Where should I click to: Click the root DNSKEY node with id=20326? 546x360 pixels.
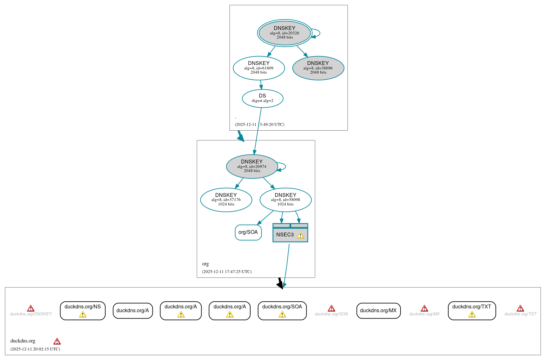pyautogui.click(x=285, y=33)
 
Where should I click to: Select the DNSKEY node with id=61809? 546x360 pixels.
pyautogui.click(x=259, y=68)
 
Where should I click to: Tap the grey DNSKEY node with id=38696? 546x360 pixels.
pyautogui.click(x=318, y=68)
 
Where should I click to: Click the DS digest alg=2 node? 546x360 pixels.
pyautogui.click(x=262, y=98)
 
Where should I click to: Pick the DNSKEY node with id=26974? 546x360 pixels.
pyautogui.click(x=252, y=166)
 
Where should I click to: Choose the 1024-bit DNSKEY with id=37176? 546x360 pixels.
pyautogui.click(x=226, y=200)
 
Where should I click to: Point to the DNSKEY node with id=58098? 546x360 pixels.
pyautogui.click(x=286, y=200)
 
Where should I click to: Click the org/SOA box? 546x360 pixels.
pyautogui.click(x=248, y=232)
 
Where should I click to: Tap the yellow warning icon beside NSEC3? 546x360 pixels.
pyautogui.click(x=300, y=235)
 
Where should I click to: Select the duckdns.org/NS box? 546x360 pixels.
pyautogui.click(x=82, y=310)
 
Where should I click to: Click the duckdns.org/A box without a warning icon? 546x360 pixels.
pyautogui.click(x=133, y=311)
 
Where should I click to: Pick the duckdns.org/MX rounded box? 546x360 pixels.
pyautogui.click(x=378, y=311)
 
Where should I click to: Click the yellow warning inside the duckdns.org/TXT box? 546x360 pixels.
pyautogui.click(x=472, y=315)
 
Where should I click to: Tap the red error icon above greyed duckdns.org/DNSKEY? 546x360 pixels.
pyautogui.click(x=31, y=308)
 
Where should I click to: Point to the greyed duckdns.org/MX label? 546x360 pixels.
pyautogui.click(x=424, y=314)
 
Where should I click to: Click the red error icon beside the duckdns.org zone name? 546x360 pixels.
pyautogui.click(x=57, y=342)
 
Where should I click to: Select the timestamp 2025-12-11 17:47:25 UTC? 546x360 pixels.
pyautogui.click(x=227, y=272)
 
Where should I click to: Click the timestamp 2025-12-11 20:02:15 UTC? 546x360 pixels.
pyautogui.click(x=35, y=349)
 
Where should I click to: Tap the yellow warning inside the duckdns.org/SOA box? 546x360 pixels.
pyautogui.click(x=282, y=315)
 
